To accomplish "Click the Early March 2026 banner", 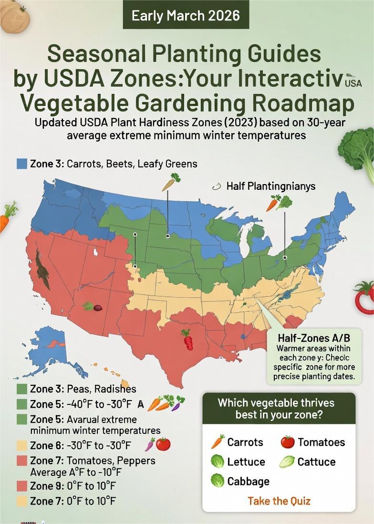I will pyautogui.click(x=186, y=16).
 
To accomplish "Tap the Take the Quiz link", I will pyautogui.click(x=279, y=501).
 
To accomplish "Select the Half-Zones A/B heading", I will pyautogui.click(x=314, y=338).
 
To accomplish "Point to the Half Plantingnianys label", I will pyautogui.click(x=270, y=186).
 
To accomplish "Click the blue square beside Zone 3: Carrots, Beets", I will pyautogui.click(x=21, y=164).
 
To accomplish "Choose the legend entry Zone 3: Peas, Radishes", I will pyautogui.click(x=83, y=389).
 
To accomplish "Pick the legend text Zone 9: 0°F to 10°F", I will pyautogui.click(x=73, y=486).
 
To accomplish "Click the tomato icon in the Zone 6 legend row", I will pyautogui.click(x=163, y=444).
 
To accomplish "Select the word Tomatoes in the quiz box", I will pyautogui.click(x=321, y=442).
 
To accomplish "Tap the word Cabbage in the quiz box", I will pyautogui.click(x=248, y=481).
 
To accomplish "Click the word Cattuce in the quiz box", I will pyautogui.click(x=316, y=462).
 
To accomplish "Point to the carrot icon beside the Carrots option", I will pyautogui.click(x=218, y=442).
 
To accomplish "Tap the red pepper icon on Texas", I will pyautogui.click(x=187, y=339).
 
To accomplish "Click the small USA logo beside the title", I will pyautogui.click(x=353, y=82).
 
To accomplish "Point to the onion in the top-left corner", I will pyautogui.click(x=14, y=17).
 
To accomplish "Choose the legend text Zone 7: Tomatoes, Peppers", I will pyautogui.click(x=93, y=461).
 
